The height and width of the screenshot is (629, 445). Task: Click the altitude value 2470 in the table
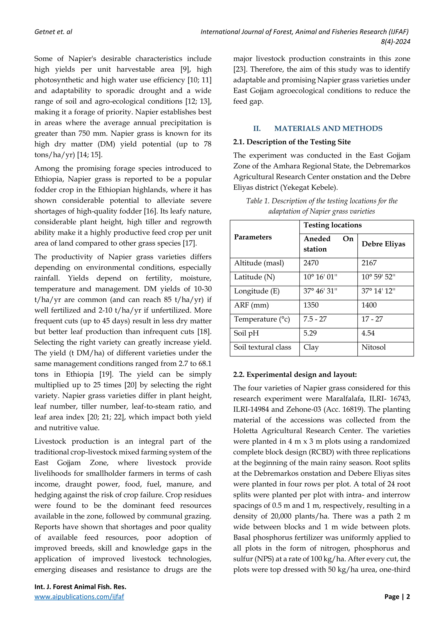tap(311, 263)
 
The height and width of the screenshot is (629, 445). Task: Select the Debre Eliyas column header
tap(383, 244)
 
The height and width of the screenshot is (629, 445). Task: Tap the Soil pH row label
tap(246, 333)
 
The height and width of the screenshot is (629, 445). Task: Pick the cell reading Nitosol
tap(373, 347)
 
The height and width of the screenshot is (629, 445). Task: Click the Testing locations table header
tap(332, 225)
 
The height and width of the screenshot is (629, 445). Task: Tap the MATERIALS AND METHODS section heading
tap(328, 129)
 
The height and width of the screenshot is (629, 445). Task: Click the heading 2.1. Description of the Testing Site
tap(292, 142)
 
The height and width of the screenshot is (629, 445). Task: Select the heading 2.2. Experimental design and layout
tap(295, 374)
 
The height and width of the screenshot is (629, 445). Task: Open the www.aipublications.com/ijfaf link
tap(79, 597)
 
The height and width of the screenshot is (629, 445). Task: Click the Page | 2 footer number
tap(397, 597)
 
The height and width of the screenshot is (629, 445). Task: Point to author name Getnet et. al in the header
tap(53, 32)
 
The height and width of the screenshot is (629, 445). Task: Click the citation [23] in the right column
tap(240, 69)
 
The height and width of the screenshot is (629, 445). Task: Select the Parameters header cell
tap(253, 237)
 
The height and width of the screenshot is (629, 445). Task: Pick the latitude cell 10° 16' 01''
tap(320, 277)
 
